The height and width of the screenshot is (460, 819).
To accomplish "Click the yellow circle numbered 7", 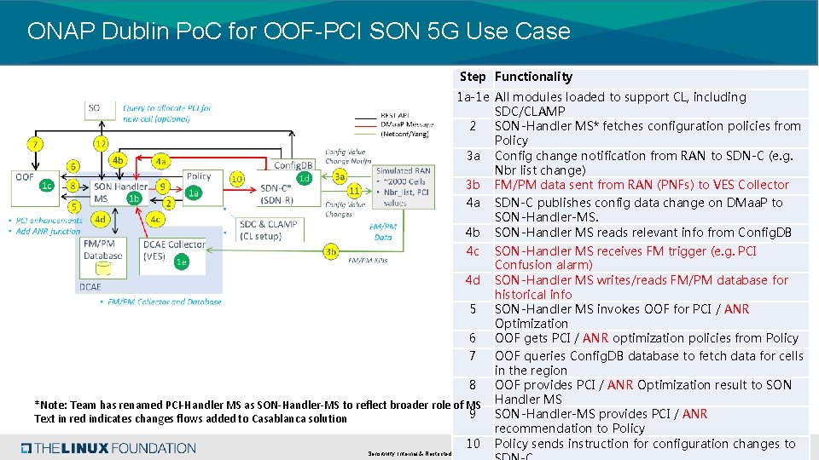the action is pyautogui.click(x=35, y=144).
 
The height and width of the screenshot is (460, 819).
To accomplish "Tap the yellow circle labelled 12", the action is pyautogui.click(x=101, y=144).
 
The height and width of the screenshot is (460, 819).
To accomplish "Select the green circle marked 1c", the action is pyautogui.click(x=48, y=186).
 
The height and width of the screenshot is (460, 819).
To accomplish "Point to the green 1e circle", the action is pyautogui.click(x=181, y=262).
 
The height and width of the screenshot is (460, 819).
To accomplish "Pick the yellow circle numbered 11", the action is pyautogui.click(x=354, y=191).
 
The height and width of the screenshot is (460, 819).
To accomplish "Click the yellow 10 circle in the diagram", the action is pyautogui.click(x=237, y=179).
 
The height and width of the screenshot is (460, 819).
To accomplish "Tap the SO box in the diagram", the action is pyautogui.click(x=94, y=108).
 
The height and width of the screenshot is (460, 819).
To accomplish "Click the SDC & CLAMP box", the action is pyautogui.click(x=269, y=230).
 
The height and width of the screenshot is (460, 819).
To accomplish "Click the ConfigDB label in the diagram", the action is pyautogui.click(x=293, y=165).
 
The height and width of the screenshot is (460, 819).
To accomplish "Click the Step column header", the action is pyautogui.click(x=472, y=77).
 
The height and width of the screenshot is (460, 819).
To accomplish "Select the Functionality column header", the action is pyautogui.click(x=533, y=77).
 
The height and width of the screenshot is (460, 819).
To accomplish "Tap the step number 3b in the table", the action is pyautogui.click(x=472, y=185).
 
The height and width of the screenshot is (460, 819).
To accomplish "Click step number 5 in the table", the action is pyautogui.click(x=472, y=309).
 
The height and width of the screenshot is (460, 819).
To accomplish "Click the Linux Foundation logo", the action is pyautogui.click(x=108, y=448).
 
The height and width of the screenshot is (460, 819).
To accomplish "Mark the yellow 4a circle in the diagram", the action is pyautogui.click(x=160, y=160).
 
